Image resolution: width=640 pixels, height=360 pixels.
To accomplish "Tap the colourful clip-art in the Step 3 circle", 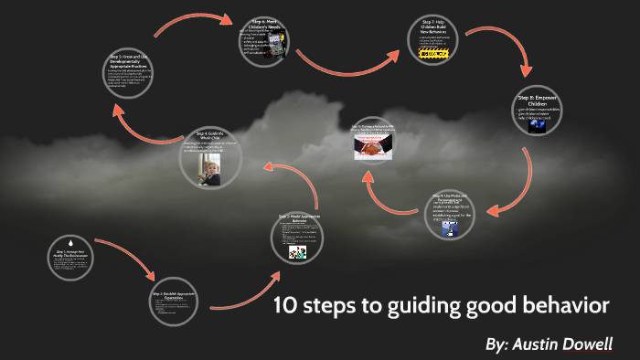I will click(x=297, y=250).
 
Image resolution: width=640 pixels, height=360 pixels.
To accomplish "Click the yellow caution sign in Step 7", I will click(x=432, y=55).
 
